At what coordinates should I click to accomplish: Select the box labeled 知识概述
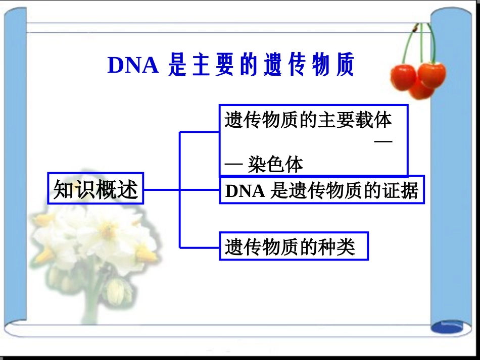pos(95,189)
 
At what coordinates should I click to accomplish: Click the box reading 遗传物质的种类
pos(294,246)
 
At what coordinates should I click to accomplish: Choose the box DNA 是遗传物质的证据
pos(321,190)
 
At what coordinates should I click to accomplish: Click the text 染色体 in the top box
pos(276,165)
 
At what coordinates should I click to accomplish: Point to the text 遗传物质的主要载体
pos(308,121)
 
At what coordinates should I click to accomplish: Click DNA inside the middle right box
pos(245,191)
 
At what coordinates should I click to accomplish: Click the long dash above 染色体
pos(383,143)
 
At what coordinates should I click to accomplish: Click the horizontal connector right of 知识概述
pos(162,190)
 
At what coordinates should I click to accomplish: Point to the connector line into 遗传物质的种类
pos(200,247)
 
